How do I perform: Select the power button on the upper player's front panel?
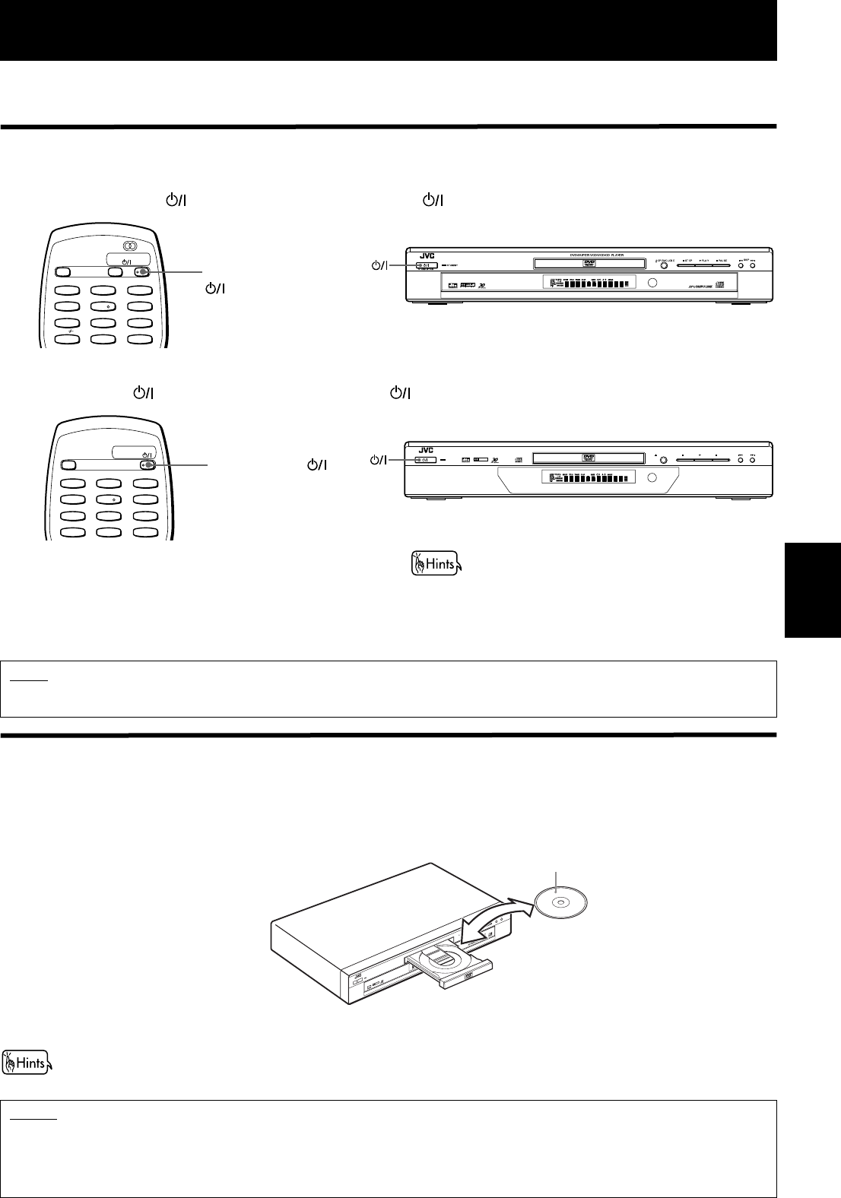[x=425, y=265]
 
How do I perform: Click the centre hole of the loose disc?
[x=560, y=902]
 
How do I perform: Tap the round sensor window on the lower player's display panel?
[x=652, y=477]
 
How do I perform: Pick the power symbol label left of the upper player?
[x=379, y=265]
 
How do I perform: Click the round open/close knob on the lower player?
[x=663, y=460]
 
